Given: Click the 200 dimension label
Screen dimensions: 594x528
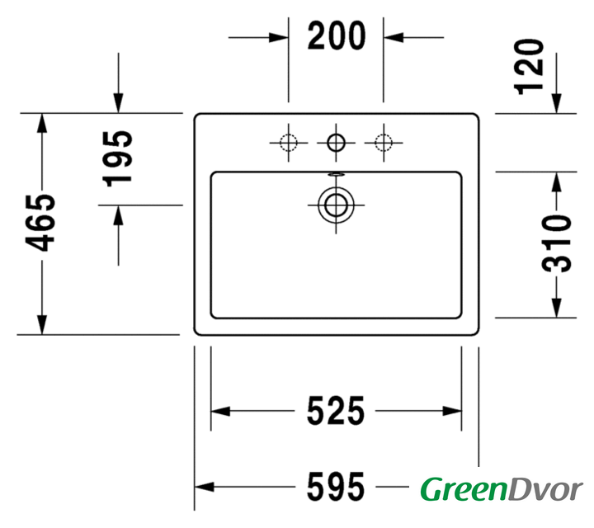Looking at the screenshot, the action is point(337,36).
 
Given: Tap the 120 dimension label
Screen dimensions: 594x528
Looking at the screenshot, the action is point(529,67).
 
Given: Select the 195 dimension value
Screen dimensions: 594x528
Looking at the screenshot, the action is point(118,158).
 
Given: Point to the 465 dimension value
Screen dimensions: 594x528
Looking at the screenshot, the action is point(40,223).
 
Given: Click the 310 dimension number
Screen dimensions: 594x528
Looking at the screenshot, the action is point(557,243).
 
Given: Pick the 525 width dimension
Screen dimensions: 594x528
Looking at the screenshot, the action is point(336,411).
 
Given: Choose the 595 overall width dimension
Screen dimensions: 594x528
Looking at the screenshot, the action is point(336,487).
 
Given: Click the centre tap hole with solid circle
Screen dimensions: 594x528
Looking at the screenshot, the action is point(336,143).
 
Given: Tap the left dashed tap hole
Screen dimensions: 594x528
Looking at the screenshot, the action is point(288,143).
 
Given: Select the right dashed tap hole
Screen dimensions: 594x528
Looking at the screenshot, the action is point(384,143).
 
